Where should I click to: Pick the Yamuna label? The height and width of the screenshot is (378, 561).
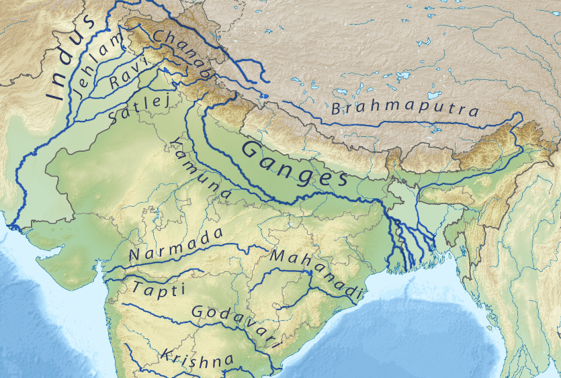click(x=201, y=170)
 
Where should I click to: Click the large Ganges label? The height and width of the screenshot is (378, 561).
click(x=294, y=164)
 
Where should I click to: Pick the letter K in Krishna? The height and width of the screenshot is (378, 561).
click(x=165, y=354)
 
